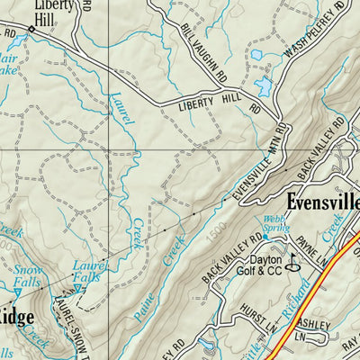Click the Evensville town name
pyautogui.click(x=322, y=201)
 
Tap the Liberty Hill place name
pyautogui.click(x=55, y=11)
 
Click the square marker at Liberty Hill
pyautogui.click(x=31, y=30)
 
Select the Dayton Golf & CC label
pyautogui.click(x=267, y=265)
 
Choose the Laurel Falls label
pyautogui.click(x=88, y=271)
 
